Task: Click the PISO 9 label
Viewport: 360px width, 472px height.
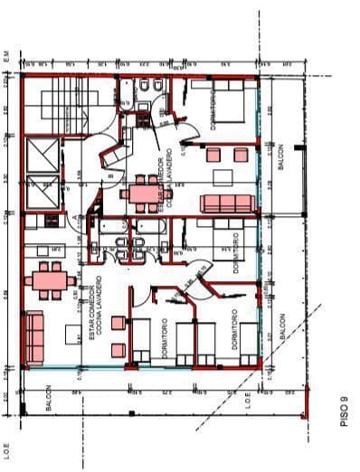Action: click(345, 412)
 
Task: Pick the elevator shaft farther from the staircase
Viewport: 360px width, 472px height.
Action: click(43, 194)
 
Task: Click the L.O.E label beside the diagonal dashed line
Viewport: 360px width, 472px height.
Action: click(248, 402)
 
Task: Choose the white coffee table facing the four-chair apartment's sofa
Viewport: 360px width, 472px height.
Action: click(227, 155)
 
